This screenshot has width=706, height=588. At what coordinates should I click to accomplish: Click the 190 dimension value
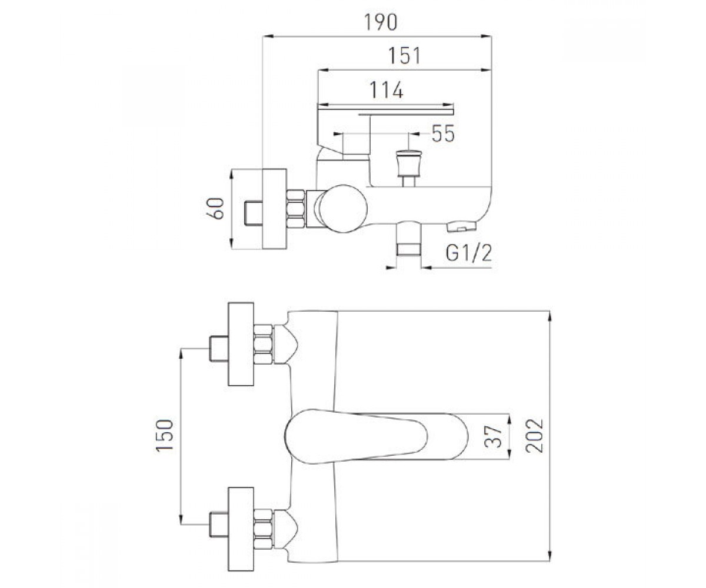point(381,22)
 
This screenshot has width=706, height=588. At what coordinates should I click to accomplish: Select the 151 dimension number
point(404,56)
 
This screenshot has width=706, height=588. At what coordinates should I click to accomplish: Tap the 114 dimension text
point(387,90)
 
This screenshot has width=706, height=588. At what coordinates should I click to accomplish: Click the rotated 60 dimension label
point(215,209)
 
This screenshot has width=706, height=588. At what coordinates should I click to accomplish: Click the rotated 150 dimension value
point(165,435)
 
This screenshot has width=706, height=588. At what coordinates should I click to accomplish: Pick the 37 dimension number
point(493,437)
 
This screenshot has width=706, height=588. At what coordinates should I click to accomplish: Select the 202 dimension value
point(534,436)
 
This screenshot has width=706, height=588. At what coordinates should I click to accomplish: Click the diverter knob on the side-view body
point(408,168)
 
